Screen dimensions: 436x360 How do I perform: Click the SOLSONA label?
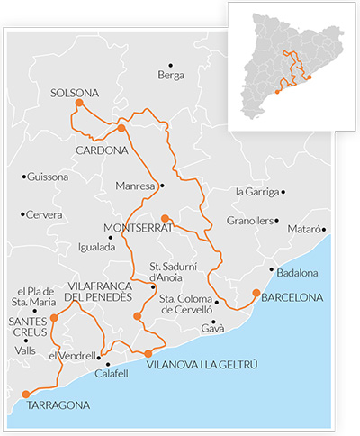click(x=75, y=92)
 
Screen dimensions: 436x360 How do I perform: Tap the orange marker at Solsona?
click(x=79, y=104)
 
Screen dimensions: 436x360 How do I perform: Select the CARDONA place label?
click(x=102, y=150)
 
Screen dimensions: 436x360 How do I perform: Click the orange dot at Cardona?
click(x=121, y=129)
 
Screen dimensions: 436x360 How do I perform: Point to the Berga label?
click(x=170, y=76)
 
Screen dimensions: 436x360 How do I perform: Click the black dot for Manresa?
click(x=162, y=186)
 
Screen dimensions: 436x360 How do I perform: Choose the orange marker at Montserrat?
click(x=164, y=218)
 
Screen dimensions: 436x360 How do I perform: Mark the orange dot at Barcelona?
click(x=256, y=293)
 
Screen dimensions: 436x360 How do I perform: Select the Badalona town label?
click(x=300, y=272)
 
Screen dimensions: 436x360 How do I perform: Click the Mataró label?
click(x=301, y=230)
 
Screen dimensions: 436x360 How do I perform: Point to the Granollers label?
click(x=249, y=220)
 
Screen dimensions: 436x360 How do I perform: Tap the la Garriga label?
click(x=256, y=192)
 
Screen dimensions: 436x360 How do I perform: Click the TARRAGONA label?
click(x=58, y=406)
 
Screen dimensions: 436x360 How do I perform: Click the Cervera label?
click(x=45, y=214)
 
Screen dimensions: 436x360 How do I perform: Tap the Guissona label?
click(x=48, y=177)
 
